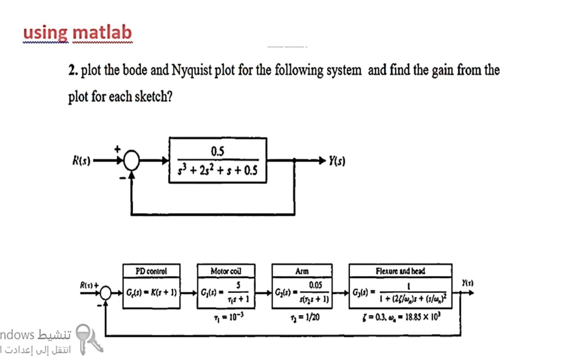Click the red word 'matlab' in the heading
[102, 32]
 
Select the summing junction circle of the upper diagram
[132, 160]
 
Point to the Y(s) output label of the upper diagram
[337, 161]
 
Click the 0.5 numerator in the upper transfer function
[217, 152]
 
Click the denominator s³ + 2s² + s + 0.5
[218, 171]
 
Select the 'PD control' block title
[151, 271]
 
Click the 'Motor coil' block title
[226, 271]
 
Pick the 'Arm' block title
[302, 271]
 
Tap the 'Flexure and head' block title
[400, 271]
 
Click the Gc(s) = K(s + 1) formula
[151, 293]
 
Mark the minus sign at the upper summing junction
[122, 178]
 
